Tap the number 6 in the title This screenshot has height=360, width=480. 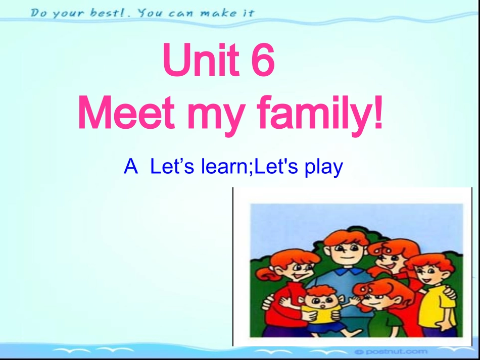click(262, 61)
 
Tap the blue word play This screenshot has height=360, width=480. click(323, 167)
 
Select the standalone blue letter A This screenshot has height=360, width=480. click(131, 166)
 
